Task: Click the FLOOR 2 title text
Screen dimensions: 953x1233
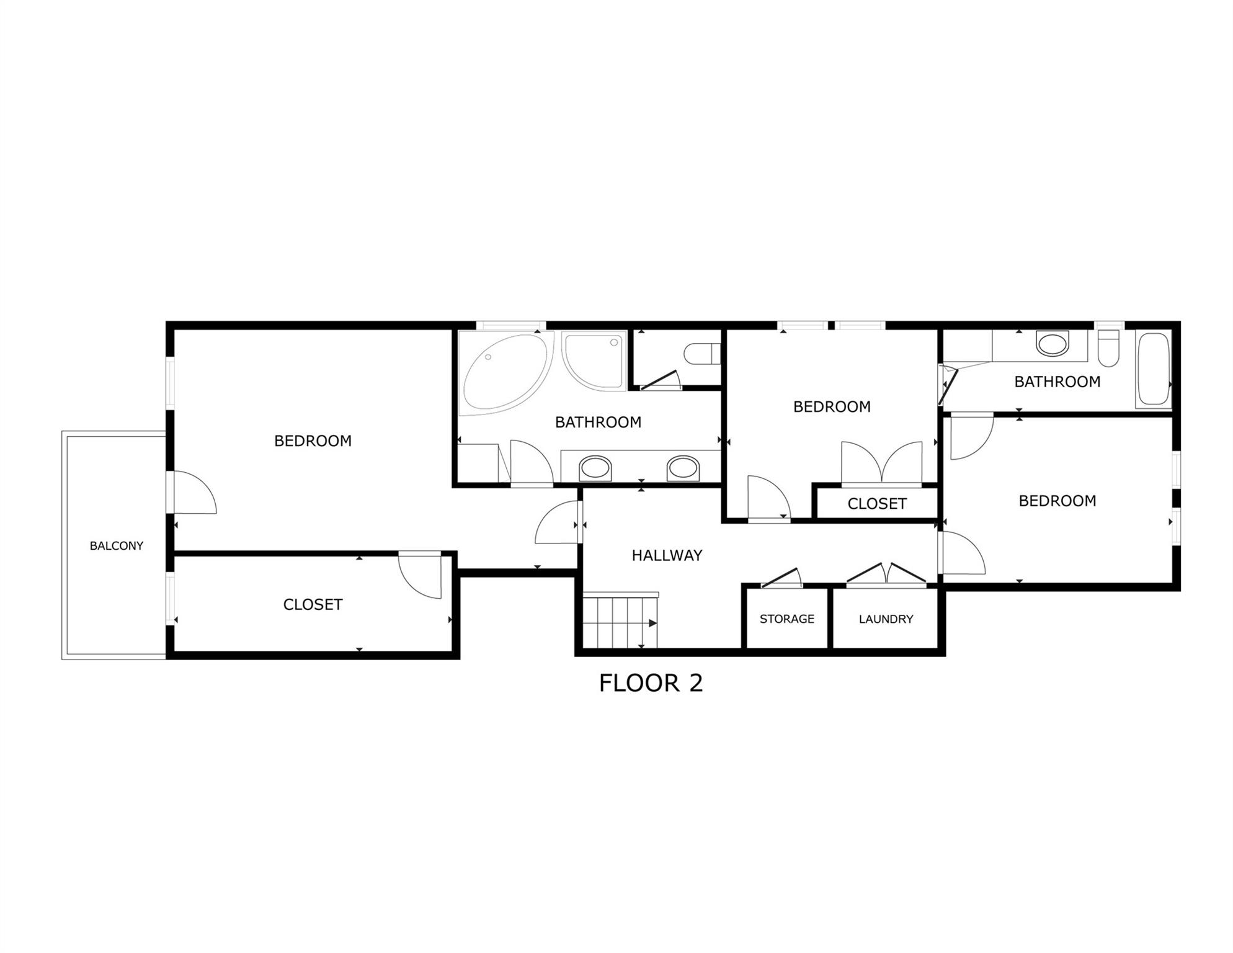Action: tap(651, 683)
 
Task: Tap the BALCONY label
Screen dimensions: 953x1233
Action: tap(116, 546)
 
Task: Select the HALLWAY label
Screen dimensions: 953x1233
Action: tap(667, 555)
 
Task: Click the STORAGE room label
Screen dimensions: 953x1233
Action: tap(786, 619)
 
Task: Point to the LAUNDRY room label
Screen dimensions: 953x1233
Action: tap(886, 619)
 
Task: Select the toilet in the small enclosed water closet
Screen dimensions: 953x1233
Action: tap(701, 354)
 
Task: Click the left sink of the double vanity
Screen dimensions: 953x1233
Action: tap(595, 468)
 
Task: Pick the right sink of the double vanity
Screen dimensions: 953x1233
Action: tap(683, 468)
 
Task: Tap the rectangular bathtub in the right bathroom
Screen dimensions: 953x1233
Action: tap(1153, 370)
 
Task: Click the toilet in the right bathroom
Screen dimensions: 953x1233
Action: tap(1108, 349)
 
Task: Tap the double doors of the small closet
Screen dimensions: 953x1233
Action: tap(881, 462)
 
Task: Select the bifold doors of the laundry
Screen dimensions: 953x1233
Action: tap(886, 574)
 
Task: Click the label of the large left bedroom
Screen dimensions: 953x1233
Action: tap(313, 441)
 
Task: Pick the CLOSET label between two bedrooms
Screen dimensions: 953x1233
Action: tap(876, 504)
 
